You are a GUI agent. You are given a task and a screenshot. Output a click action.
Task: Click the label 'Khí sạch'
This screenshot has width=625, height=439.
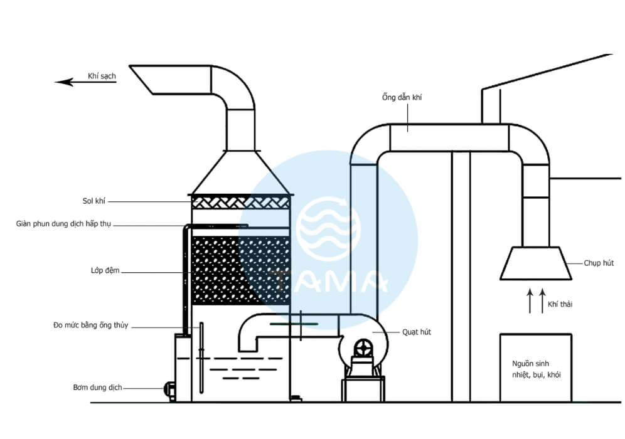click(x=102, y=76)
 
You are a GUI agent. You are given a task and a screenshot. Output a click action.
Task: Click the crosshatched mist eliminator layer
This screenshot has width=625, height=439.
click(x=242, y=202)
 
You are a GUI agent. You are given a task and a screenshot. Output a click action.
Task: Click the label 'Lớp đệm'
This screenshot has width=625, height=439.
click(x=104, y=271)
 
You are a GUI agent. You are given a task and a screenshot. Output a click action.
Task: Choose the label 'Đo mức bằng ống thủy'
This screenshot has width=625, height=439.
click(x=90, y=325)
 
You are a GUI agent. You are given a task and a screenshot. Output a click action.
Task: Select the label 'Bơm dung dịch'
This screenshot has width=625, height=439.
click(x=94, y=387)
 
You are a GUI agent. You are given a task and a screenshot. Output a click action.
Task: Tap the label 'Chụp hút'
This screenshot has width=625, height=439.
click(x=599, y=263)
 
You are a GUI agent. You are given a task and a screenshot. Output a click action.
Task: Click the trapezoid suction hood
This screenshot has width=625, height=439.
click(x=535, y=263)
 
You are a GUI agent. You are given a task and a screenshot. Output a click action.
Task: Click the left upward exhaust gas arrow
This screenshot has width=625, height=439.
click(x=528, y=301)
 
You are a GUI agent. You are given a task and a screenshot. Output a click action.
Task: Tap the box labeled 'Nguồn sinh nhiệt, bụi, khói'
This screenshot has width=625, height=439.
click(x=535, y=368)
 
